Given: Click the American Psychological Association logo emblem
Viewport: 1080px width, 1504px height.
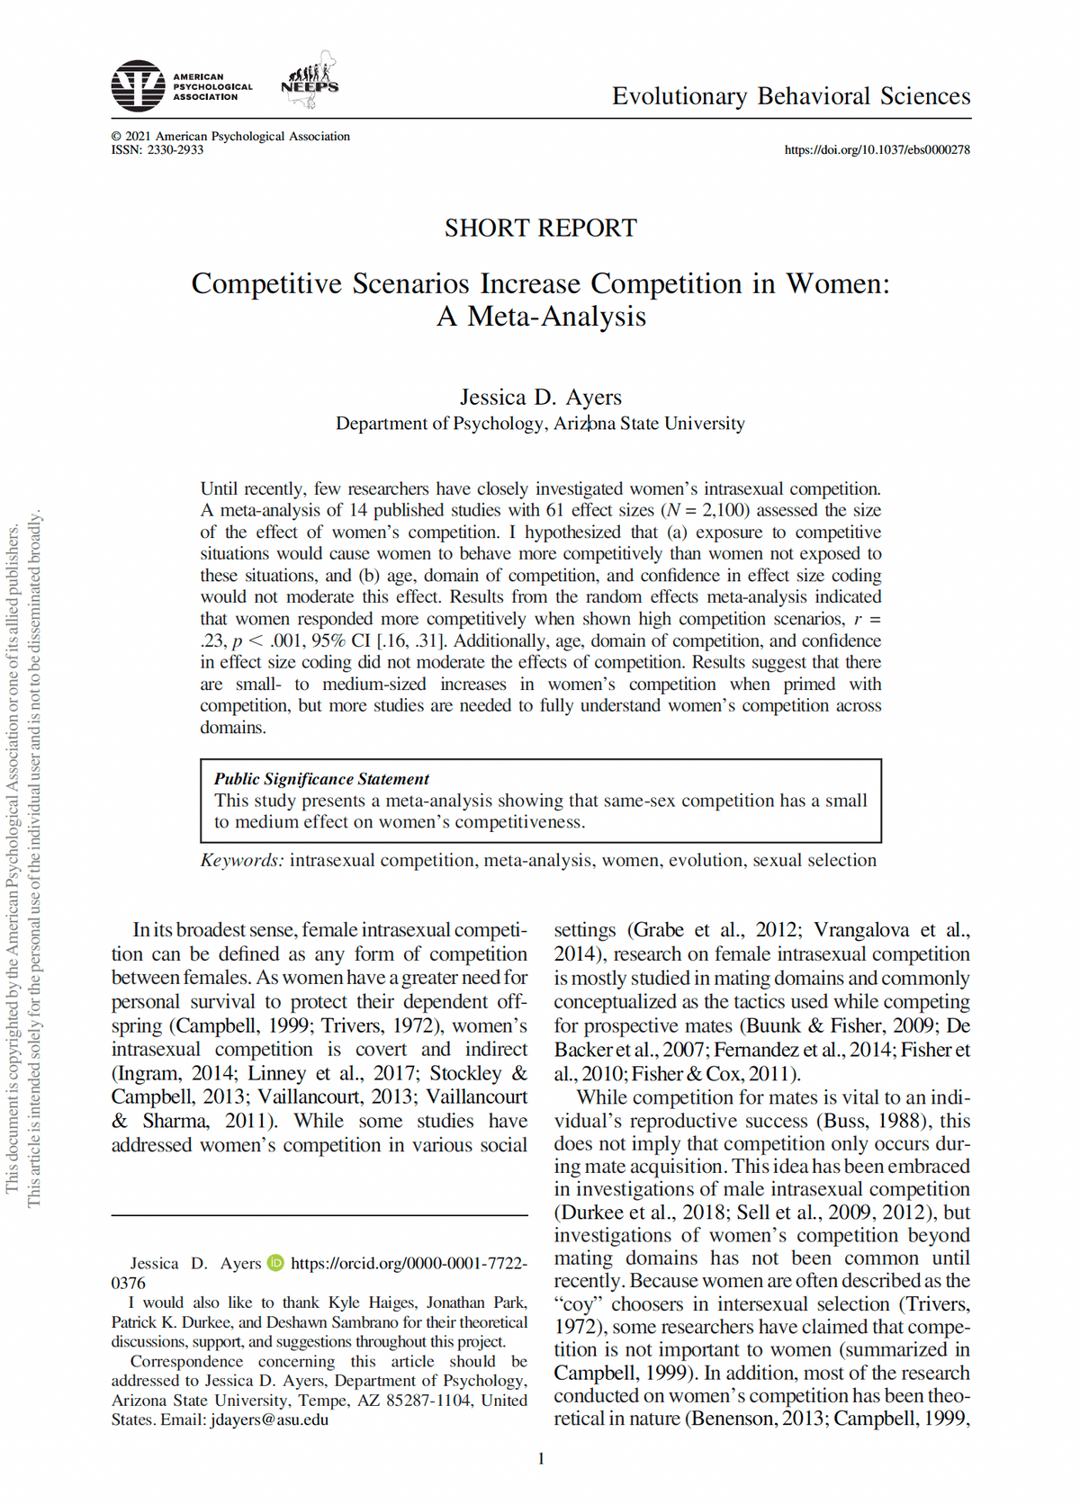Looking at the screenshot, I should [138, 86].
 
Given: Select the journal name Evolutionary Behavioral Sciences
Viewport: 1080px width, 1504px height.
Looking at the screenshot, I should [791, 96].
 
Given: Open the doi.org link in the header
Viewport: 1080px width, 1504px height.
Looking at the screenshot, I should [877, 150].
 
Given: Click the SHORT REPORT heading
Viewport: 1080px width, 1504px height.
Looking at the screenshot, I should [540, 228].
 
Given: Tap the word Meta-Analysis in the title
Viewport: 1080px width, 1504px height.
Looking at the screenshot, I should [555, 317].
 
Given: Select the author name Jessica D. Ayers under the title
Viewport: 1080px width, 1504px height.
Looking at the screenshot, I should [540, 397].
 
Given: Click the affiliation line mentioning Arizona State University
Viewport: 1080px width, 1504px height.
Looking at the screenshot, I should [540, 424].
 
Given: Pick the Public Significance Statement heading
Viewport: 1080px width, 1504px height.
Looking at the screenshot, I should [321, 779].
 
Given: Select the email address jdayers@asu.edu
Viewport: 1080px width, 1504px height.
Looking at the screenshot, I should [269, 1420].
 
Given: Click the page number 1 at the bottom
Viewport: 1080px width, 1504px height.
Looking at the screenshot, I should [541, 1459].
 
